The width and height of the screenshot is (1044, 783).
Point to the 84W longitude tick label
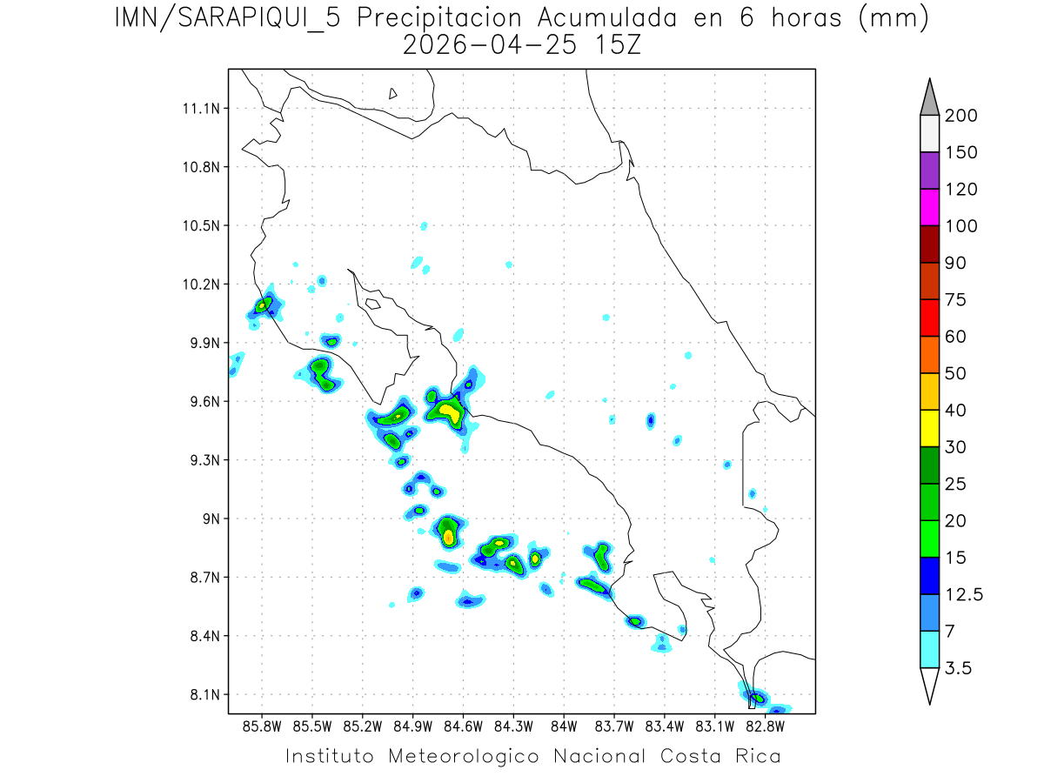click(564, 726)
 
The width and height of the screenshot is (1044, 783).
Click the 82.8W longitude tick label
click(765, 726)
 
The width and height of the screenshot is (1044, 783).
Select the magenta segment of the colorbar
click(929, 207)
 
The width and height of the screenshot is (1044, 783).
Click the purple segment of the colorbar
click(929, 171)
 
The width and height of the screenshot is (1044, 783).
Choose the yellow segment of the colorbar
click(929, 428)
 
